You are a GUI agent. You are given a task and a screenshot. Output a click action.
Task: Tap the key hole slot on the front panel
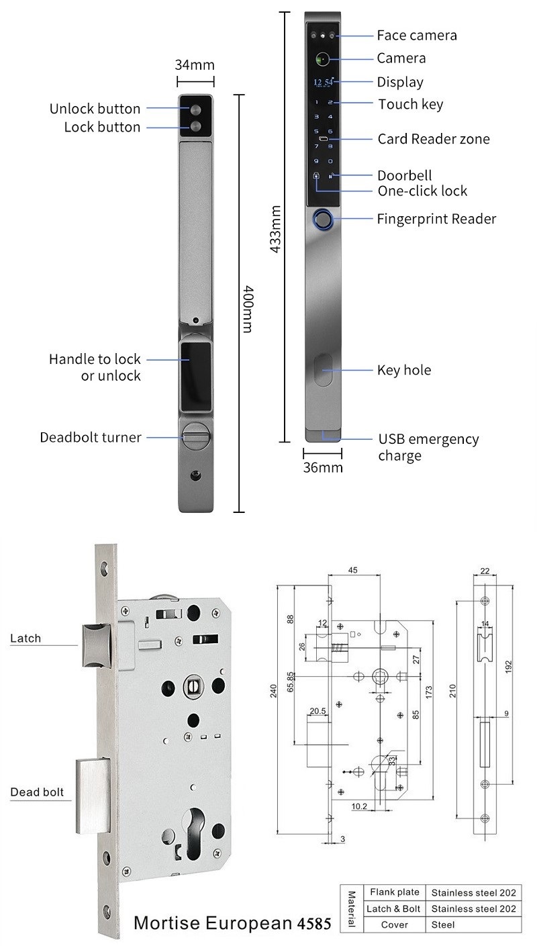coord(323,371)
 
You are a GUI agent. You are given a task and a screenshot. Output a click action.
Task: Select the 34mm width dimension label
coord(195,65)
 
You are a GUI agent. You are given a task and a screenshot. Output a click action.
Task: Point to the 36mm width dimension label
coord(322,467)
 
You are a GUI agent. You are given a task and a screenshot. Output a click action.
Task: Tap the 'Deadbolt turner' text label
coord(91,438)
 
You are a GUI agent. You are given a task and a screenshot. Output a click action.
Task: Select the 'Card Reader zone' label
coord(434,139)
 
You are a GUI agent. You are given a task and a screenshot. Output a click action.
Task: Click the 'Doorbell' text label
coord(404,175)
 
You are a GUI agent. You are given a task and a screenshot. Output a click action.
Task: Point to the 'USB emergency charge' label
coord(428,447)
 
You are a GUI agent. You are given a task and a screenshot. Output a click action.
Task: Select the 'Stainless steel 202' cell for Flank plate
coord(474,893)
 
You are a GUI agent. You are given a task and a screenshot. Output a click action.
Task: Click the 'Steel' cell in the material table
coord(443,925)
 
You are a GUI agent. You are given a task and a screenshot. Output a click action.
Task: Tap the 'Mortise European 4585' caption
coord(232,923)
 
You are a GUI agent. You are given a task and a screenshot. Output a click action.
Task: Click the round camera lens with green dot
coord(323,59)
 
